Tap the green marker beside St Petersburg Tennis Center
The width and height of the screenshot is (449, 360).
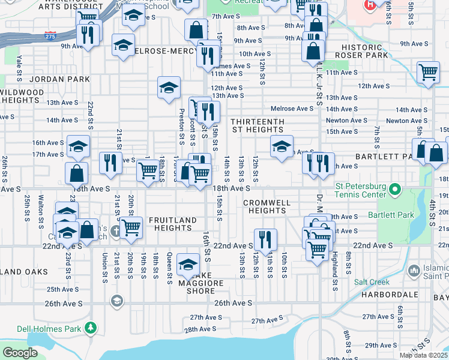tap(395, 191)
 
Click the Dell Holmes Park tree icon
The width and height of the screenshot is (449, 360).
tap(91, 328)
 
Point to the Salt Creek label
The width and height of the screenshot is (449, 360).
tap(372, 282)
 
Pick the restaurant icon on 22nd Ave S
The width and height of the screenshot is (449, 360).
tap(262, 239)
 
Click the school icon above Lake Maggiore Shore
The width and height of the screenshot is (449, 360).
tap(188, 263)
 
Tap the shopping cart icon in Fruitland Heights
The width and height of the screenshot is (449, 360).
tap(130, 227)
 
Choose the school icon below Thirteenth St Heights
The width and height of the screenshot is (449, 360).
tap(281, 146)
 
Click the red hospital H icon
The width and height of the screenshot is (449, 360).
tap(370, 4)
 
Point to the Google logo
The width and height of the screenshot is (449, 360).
tap(20, 353)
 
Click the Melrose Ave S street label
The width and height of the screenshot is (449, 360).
tap(292, 109)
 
